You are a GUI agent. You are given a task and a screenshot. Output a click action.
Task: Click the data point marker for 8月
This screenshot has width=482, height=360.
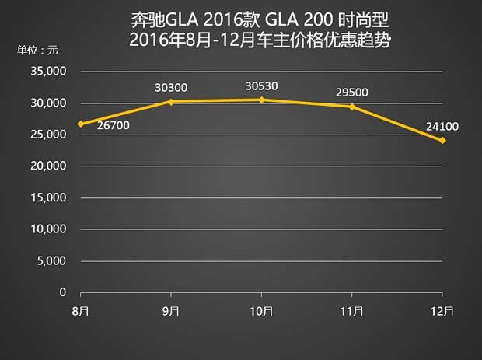pos(81,124)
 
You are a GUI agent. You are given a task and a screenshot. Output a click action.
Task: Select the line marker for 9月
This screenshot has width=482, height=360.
pos(171,101)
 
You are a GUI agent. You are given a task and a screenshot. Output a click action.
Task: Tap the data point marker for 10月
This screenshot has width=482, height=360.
pos(262,100)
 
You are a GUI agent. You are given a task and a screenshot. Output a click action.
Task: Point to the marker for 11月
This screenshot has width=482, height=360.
pos(352,107)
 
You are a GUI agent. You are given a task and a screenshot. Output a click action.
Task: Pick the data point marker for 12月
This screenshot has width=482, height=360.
pos(442,140)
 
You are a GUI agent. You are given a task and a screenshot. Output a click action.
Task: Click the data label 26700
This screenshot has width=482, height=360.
pos(114,125)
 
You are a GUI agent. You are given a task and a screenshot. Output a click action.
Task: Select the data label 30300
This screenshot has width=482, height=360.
pos(171,88)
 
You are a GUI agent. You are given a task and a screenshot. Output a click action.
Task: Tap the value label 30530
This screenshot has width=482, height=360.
pos(262,86)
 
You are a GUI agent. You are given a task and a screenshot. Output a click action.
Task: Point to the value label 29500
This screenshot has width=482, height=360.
pos(352,92)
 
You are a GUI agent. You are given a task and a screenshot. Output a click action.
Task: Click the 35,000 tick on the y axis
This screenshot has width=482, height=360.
pos(49,72)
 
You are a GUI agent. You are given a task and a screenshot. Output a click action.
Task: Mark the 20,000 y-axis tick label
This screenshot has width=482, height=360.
pos(49,166)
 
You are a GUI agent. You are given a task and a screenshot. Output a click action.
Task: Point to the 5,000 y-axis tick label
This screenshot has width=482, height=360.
pos(52,261)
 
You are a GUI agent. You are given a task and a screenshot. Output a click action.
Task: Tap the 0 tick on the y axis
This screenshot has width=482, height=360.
pos(63,293)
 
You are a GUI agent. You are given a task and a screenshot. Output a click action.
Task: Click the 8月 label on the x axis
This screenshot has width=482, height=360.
pos(81,311)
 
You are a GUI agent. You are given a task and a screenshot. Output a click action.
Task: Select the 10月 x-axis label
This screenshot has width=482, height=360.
pos(262,311)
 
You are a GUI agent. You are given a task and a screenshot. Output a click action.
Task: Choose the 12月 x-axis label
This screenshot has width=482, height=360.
pos(442,311)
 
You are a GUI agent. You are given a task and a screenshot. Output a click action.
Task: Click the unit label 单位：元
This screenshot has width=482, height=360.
pos(38,51)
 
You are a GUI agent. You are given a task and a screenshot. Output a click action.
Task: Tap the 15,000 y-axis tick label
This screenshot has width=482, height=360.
pos(49,198)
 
